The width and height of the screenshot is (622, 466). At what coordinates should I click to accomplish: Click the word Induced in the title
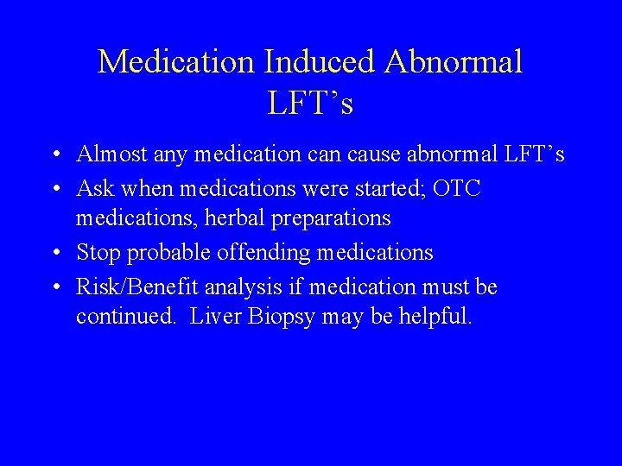320,62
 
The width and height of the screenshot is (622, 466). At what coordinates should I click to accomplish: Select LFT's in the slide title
310,104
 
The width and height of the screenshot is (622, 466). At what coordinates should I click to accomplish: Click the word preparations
333,219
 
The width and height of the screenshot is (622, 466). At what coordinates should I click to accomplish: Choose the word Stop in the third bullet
99,252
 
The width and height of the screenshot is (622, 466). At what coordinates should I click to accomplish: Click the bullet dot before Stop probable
54,254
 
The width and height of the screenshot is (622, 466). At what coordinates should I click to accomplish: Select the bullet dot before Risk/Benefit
54,287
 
